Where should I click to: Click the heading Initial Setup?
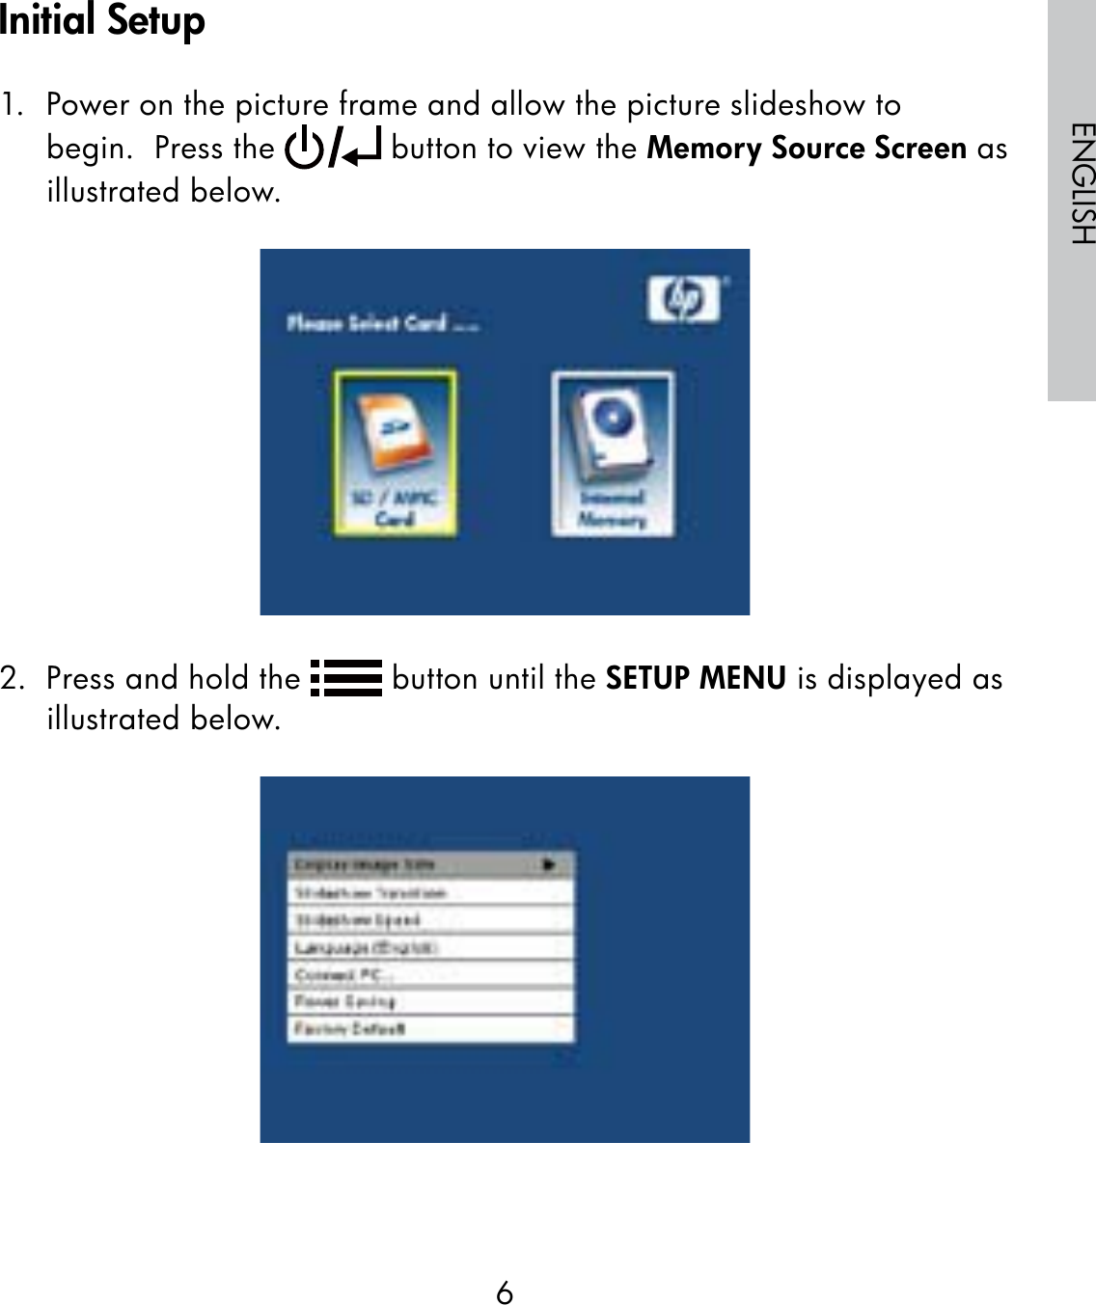[102, 21]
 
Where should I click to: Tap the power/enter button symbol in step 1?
[333, 148]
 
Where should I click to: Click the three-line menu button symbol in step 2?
[346, 678]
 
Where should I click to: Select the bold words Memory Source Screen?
[807, 148]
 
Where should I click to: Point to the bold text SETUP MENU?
[696, 678]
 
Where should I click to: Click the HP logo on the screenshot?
[684, 300]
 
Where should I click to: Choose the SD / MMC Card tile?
[395, 452]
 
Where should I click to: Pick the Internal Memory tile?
[612, 453]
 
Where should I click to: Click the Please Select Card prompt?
[382, 323]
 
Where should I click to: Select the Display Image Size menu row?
[430, 864]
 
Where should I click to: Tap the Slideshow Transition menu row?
[430, 893]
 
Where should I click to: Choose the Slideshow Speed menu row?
[430, 920]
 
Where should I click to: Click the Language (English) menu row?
[430, 947]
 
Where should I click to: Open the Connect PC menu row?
[430, 974]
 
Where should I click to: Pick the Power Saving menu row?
[430, 1001]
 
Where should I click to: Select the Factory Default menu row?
[430, 1028]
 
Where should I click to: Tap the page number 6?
[505, 1292]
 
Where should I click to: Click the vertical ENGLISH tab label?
[1082, 183]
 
